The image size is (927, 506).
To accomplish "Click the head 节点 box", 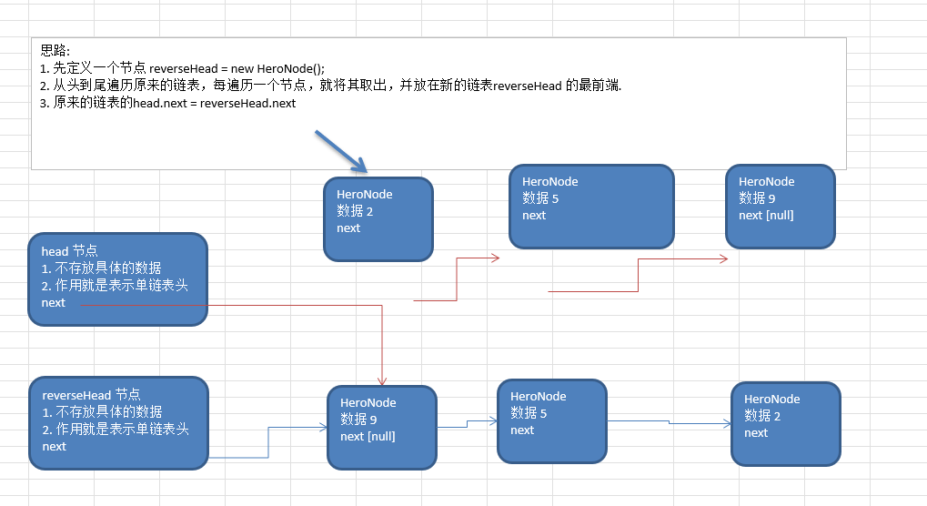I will click(x=117, y=278).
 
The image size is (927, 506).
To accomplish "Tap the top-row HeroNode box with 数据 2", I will click(x=378, y=219).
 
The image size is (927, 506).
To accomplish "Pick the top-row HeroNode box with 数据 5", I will click(x=591, y=206).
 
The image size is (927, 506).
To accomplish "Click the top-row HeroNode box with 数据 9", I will click(x=780, y=206).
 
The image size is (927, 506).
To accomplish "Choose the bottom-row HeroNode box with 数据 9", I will click(x=382, y=427).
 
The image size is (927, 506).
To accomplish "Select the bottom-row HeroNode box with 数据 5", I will click(x=551, y=420).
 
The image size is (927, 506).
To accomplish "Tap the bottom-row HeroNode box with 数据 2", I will click(x=785, y=423).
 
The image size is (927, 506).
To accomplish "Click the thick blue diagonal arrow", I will click(x=340, y=151).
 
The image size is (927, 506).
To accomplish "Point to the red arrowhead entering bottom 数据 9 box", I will click(x=383, y=380).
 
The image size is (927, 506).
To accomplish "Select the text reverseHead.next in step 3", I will click(x=248, y=103).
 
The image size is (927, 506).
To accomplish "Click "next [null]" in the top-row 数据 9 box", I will click(x=766, y=215).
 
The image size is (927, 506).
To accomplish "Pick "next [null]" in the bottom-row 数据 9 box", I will click(x=368, y=436).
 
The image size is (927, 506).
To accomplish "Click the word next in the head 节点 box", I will click(x=54, y=302).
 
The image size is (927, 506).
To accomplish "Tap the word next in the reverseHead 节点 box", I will click(x=55, y=446).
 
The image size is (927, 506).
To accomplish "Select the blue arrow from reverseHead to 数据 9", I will click(x=268, y=440).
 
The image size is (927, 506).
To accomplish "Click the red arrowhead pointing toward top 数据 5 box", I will click(x=495, y=258).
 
